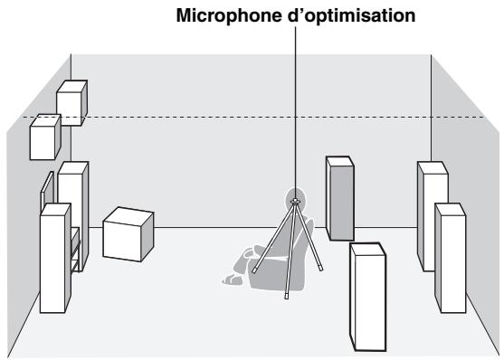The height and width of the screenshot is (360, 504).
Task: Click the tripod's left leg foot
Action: click(x=255, y=270)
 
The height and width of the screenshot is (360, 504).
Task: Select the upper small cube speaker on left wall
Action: click(x=71, y=102)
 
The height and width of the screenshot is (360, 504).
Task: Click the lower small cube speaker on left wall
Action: click(x=45, y=138)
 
